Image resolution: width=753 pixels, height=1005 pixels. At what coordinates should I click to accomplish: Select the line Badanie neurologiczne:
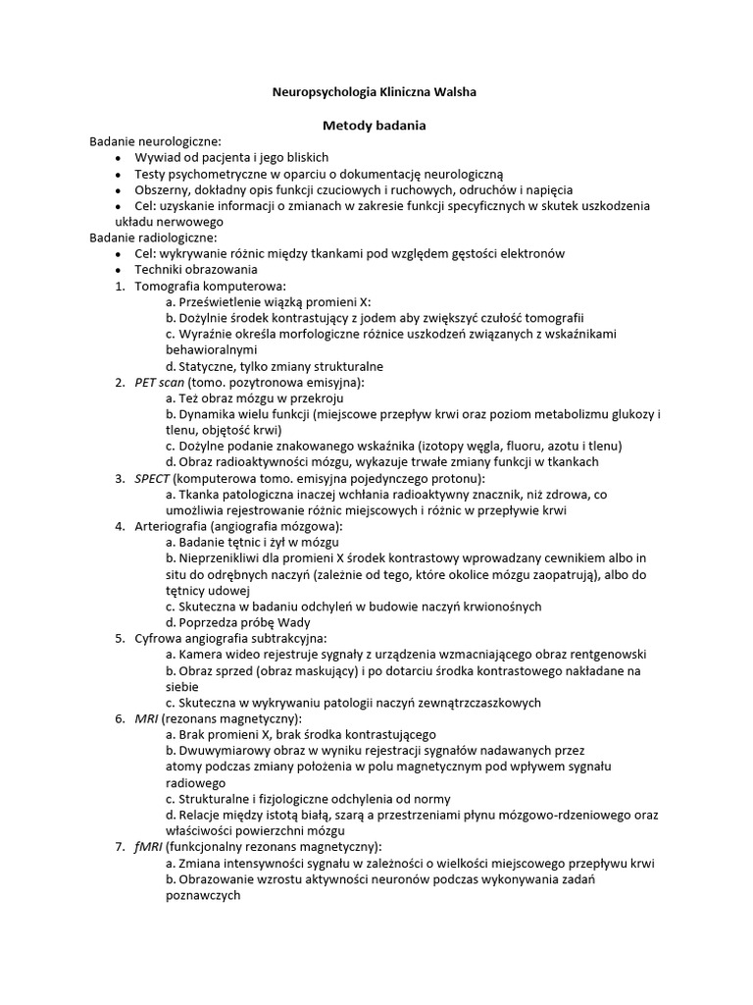(x=156, y=141)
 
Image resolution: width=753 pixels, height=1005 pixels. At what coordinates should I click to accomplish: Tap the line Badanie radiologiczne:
(x=153, y=238)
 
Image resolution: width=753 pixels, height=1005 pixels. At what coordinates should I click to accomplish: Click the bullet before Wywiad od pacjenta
(x=119, y=157)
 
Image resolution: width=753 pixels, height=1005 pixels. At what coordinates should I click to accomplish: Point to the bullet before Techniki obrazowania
(x=119, y=270)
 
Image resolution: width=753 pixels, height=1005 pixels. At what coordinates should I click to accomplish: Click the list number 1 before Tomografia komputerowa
(x=119, y=286)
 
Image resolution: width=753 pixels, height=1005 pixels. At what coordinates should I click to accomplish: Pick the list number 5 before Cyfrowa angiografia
(x=119, y=638)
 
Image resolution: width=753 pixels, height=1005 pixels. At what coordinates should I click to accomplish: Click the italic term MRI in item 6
(x=146, y=718)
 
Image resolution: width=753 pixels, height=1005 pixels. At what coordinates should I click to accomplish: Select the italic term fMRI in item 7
(x=149, y=847)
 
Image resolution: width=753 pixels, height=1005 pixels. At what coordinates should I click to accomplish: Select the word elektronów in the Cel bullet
(x=529, y=253)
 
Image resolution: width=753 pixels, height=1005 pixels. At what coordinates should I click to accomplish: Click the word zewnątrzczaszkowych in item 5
(x=471, y=703)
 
